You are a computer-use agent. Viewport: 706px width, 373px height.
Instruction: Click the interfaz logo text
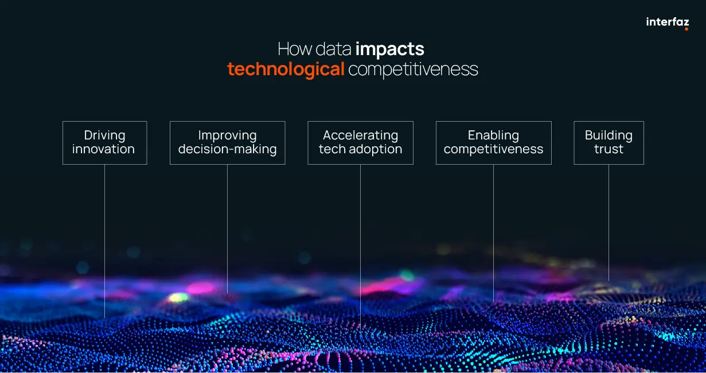coord(667,22)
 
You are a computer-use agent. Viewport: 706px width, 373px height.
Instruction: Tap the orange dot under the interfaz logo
coord(686,29)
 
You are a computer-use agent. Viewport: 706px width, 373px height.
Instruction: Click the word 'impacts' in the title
coord(390,49)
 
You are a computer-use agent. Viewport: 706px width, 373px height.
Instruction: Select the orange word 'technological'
coord(286,69)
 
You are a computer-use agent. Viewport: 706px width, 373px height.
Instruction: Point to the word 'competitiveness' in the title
coord(413,69)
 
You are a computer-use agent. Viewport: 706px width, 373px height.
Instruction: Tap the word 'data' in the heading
coord(333,49)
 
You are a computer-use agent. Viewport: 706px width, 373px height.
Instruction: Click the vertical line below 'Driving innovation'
coord(104,241)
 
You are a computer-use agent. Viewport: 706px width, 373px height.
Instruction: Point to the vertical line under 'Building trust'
coord(609,223)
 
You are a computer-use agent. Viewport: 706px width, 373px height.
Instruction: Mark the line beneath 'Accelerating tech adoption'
coord(360,247)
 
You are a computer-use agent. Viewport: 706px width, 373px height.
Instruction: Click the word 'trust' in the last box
coord(609,149)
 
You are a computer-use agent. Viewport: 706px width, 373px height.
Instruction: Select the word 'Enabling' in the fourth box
coord(493,135)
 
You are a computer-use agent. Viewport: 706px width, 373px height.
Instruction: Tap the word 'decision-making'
coord(228,149)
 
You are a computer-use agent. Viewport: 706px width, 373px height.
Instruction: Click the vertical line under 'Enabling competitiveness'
coord(494,234)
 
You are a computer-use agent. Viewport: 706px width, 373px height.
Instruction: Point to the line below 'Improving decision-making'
coord(227,229)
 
